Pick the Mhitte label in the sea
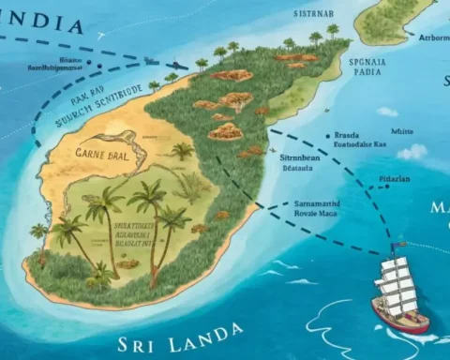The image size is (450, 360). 403,132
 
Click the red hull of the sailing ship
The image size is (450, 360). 400,316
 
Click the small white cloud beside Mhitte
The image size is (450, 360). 414,150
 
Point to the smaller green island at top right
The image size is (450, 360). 394,21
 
